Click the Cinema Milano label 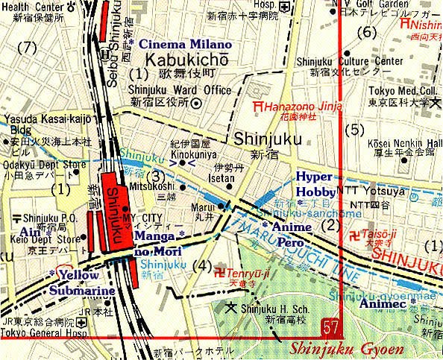pyautogui.click(x=176, y=44)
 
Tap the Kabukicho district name pyautogui.click(x=180, y=59)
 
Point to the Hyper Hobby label pyautogui.click(x=317, y=183)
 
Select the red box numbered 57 pyautogui.click(x=333, y=327)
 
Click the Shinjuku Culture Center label pyautogui.click(x=344, y=61)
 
